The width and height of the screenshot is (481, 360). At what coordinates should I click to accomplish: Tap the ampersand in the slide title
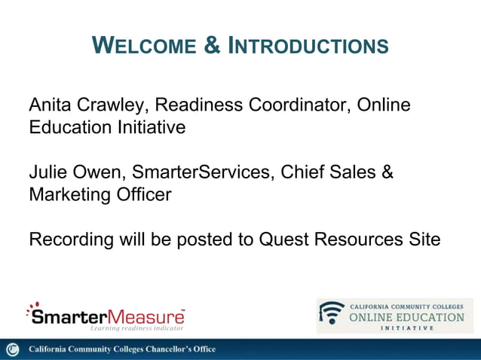(213, 46)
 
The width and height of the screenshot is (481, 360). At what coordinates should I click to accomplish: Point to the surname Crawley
(110, 105)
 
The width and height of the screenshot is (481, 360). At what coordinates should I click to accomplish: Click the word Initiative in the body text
(146, 127)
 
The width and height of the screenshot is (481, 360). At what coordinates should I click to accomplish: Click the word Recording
(71, 240)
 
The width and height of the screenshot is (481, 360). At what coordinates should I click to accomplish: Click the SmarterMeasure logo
(105, 315)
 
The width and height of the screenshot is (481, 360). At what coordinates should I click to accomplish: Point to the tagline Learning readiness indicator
(136, 328)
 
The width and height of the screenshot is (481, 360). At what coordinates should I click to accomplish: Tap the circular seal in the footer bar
(12, 349)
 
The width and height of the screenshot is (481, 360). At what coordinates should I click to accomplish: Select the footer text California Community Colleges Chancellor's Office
(122, 349)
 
